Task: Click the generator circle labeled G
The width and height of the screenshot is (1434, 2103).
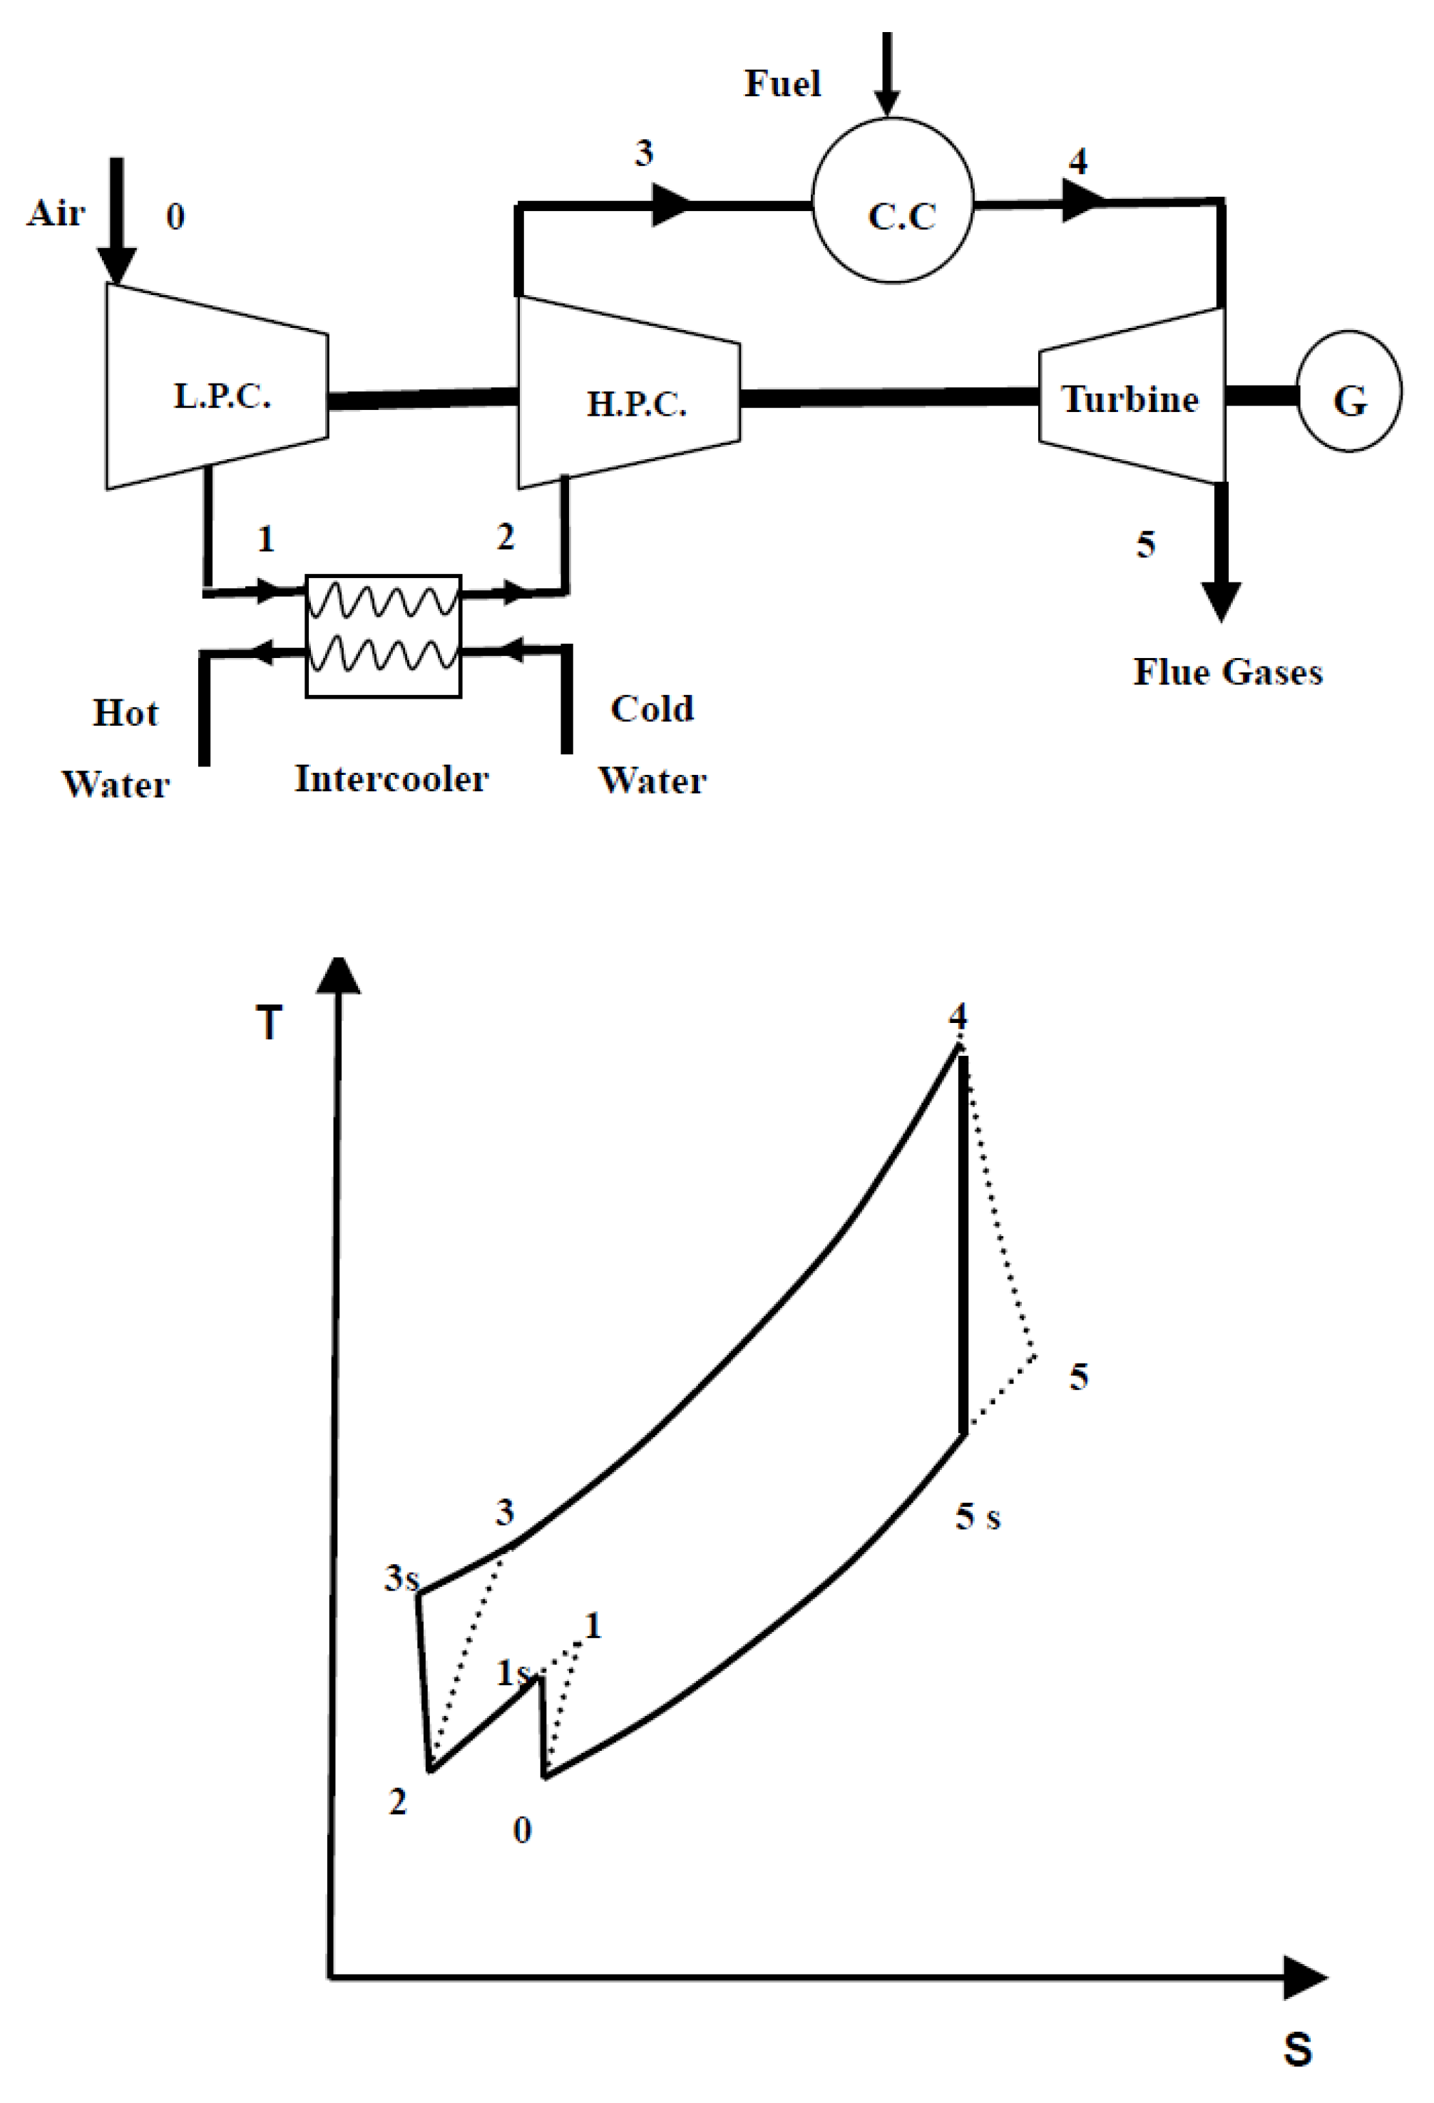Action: pyautogui.click(x=1349, y=392)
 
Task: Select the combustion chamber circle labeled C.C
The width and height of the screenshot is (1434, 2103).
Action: pyautogui.click(x=893, y=201)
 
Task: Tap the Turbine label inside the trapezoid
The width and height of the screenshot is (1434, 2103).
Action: pyautogui.click(x=1130, y=399)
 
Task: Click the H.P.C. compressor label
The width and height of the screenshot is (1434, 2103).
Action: pyautogui.click(x=637, y=404)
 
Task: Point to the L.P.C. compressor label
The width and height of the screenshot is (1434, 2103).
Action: pyautogui.click(x=222, y=396)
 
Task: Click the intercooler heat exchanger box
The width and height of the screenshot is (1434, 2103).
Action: pyautogui.click(x=383, y=635)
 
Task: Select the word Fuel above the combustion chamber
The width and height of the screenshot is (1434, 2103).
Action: pyautogui.click(x=782, y=84)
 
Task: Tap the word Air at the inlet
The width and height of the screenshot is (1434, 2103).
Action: pyautogui.click(x=56, y=214)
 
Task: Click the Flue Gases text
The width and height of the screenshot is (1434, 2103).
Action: pyautogui.click(x=1228, y=672)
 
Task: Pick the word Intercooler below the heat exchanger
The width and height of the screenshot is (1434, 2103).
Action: pyautogui.click(x=391, y=779)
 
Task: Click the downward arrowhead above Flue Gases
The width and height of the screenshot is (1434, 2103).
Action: pyautogui.click(x=1220, y=602)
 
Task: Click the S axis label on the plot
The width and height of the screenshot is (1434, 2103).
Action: pyautogui.click(x=1297, y=2049)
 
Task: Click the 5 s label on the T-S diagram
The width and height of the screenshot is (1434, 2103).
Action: pyautogui.click(x=978, y=1516)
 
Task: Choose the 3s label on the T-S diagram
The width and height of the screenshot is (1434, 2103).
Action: pyautogui.click(x=401, y=1578)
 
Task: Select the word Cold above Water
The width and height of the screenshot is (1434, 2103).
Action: pyautogui.click(x=652, y=709)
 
